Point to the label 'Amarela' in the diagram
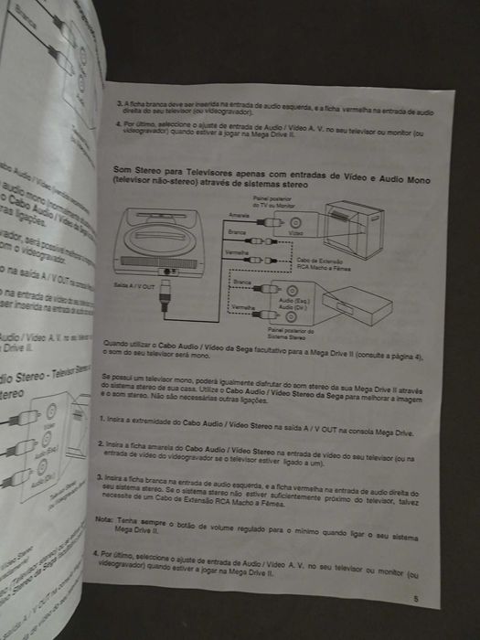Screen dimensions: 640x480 tap(240, 214)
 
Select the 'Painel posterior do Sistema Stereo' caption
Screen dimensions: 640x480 tap(292, 333)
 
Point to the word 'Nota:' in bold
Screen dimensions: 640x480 tap(103, 517)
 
